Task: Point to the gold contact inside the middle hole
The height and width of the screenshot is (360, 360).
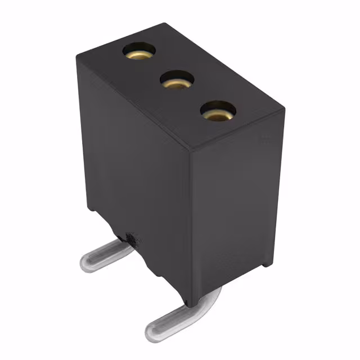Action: (176, 84)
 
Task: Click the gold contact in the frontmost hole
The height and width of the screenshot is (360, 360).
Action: (217, 114)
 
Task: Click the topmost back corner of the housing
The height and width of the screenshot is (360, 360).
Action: (164, 24)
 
